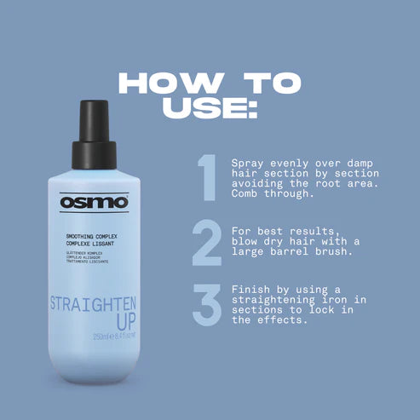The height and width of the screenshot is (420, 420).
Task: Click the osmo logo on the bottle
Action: click(x=94, y=203)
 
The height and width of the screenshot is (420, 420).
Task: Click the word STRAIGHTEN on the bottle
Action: click(x=94, y=305)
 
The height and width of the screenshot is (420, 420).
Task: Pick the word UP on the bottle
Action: click(x=94, y=325)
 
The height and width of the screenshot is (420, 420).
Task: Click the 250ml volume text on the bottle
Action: click(x=80, y=338)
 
